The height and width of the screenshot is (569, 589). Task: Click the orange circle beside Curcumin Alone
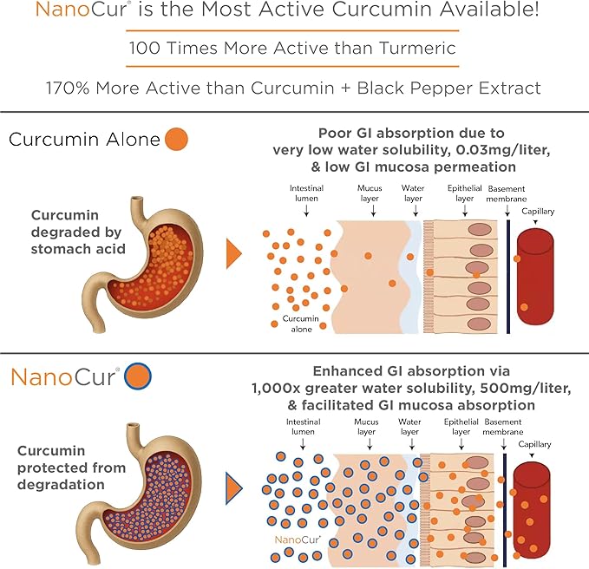177,140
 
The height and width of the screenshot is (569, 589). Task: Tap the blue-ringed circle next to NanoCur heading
138,376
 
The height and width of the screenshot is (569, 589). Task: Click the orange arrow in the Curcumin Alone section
234,253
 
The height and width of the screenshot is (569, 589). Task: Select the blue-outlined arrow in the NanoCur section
234,488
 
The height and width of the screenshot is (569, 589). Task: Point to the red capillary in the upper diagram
535,277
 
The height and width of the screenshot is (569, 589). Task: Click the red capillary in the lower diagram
531,511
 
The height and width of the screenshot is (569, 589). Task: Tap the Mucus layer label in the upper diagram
370,193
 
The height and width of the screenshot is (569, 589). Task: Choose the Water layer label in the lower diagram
409,427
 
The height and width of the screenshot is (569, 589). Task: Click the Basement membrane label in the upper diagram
507,193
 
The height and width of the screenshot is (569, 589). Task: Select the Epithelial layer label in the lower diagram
461,427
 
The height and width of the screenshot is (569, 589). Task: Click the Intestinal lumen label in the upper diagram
306,193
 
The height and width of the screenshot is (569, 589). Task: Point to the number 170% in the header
68,88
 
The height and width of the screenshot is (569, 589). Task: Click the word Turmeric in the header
417,48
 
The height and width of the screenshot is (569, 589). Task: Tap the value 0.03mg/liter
503,150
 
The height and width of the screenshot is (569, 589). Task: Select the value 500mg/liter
526,388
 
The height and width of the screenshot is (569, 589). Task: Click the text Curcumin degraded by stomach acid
78,232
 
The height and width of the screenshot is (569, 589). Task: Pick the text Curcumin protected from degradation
71,468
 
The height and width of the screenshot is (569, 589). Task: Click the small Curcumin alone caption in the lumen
301,324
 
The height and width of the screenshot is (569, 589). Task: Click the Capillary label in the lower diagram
534,444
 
